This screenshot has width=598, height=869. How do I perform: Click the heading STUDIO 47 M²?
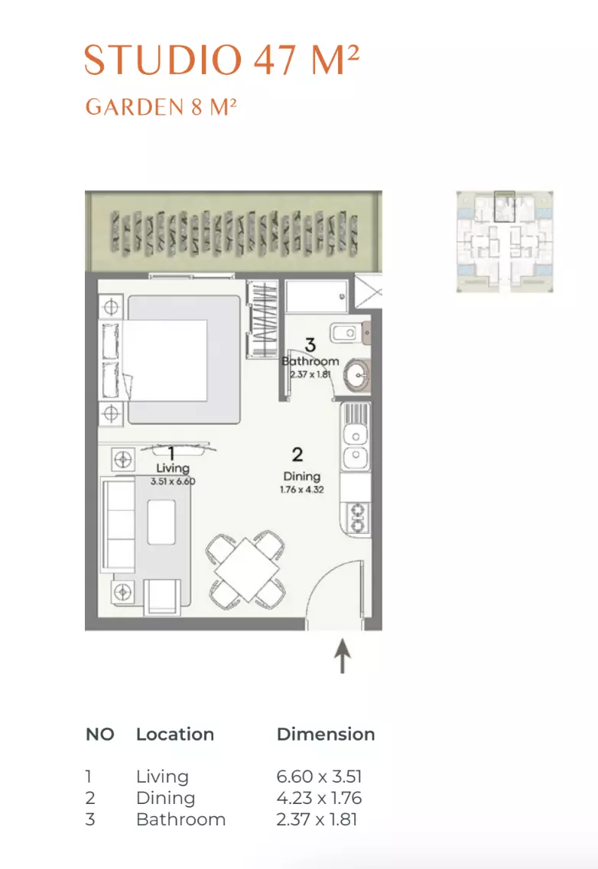222,60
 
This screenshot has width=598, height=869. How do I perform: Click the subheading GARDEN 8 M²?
161,107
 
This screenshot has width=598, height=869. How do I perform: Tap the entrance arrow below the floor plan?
343,656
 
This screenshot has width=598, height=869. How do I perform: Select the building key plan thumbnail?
505,241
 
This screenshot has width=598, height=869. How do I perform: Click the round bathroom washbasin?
356,375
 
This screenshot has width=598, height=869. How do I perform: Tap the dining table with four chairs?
246,569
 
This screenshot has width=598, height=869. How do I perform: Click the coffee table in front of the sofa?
161,522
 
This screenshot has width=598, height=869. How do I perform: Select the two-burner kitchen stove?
356,518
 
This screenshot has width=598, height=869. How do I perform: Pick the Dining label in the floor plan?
301,476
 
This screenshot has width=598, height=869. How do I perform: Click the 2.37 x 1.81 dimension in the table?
317,819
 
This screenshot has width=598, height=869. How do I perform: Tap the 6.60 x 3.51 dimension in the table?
319,776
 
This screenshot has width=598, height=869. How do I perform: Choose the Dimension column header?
326,734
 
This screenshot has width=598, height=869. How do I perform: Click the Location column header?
175,734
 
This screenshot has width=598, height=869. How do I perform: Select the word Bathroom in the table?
180,819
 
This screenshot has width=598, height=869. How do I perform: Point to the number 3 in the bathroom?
310,345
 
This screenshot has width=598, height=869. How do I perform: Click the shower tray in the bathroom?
317,297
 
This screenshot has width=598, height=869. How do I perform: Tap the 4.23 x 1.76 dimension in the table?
319,798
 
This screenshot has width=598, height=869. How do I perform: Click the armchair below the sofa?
162,597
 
